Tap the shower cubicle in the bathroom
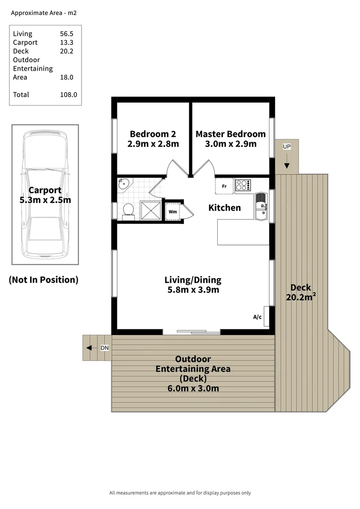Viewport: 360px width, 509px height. point(149,210)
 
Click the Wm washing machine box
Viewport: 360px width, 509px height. point(173,212)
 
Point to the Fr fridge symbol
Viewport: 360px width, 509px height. point(224,186)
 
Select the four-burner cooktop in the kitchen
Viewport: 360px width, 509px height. point(243,185)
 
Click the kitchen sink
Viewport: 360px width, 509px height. point(261,206)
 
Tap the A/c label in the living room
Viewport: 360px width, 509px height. point(257,317)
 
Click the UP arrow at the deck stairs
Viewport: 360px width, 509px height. point(286,161)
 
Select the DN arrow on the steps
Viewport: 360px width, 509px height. point(89,348)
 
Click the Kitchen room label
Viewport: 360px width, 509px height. point(225,207)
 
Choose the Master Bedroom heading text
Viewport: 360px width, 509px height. point(230,134)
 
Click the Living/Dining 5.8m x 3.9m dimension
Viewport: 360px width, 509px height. point(193,290)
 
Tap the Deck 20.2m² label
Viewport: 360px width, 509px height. point(301,293)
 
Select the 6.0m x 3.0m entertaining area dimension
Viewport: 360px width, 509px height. point(193,388)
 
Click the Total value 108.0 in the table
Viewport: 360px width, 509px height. point(68,95)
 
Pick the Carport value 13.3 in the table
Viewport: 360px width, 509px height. point(66,42)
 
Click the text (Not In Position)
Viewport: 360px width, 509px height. point(43,280)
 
